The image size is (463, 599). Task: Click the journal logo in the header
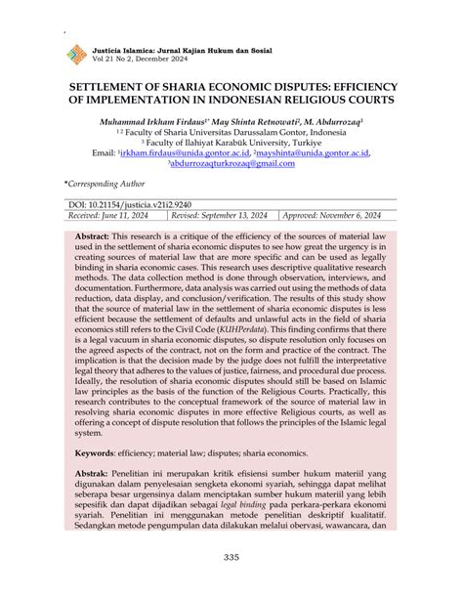75,55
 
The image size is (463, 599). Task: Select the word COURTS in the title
366,100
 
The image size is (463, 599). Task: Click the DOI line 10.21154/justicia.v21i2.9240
133,204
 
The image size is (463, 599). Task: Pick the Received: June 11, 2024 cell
108,215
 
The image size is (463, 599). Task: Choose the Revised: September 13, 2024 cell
220,215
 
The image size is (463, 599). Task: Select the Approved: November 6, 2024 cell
332,215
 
